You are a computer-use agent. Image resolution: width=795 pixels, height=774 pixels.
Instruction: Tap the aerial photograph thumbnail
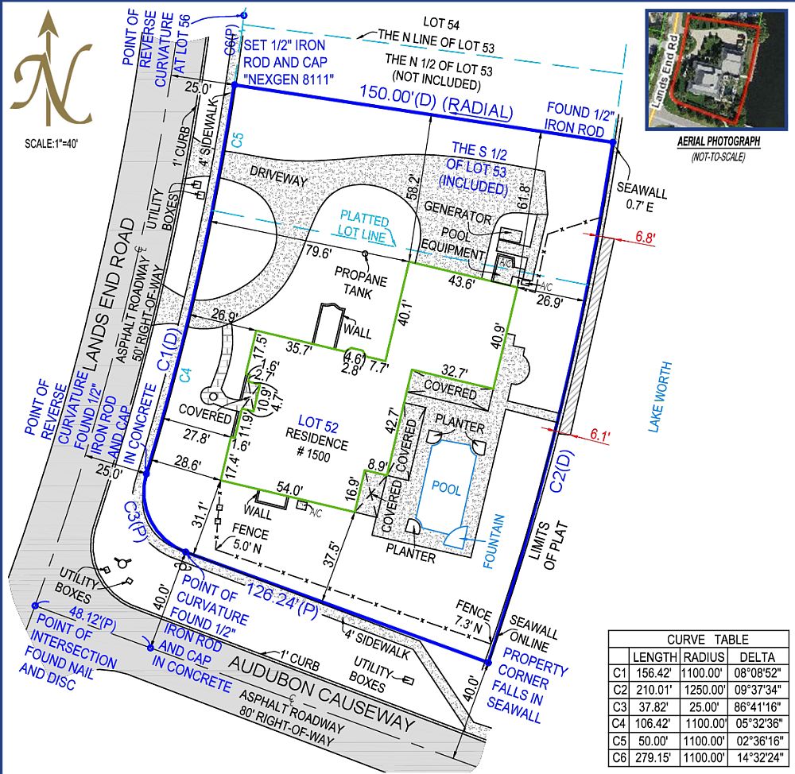701,70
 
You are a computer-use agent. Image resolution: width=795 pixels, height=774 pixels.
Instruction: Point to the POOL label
446,490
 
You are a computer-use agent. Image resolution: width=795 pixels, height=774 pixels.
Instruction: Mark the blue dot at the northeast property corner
613,142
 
